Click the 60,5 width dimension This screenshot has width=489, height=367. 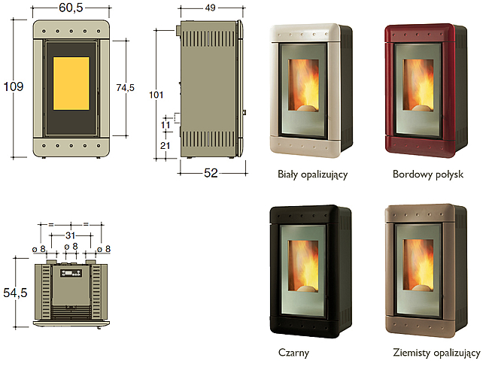[x=71, y=8]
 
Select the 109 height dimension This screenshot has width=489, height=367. [x=13, y=86]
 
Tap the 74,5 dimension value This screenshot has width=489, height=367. [x=126, y=88]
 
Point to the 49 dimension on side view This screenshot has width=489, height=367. [x=211, y=8]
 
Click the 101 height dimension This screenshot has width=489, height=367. [x=156, y=95]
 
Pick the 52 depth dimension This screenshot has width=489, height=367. [x=211, y=173]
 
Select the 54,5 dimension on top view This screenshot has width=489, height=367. [x=15, y=293]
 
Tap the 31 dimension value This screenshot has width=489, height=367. [x=71, y=235]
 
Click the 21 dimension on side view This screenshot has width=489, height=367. [x=166, y=145]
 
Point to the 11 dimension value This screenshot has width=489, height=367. [x=166, y=125]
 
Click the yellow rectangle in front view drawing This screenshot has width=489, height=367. [x=71, y=83]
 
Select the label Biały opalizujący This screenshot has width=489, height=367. [x=312, y=174]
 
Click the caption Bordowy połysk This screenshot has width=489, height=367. [x=428, y=174]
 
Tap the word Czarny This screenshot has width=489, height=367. [x=293, y=353]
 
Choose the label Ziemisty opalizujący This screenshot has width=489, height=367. [x=436, y=353]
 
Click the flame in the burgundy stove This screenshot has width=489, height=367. [x=418, y=85]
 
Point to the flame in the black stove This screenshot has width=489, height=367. [x=303, y=266]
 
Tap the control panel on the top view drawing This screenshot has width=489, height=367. [x=71, y=273]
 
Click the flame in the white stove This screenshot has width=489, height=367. [x=303, y=85]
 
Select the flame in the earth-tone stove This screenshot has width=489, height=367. [x=418, y=265]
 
